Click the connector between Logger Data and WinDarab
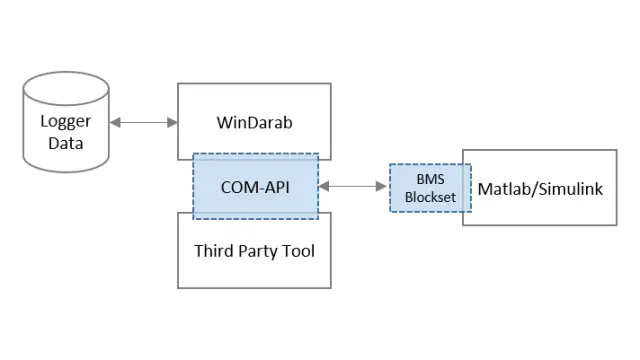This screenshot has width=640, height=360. pos(143,124)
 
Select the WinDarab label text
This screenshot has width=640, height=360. pos(253,124)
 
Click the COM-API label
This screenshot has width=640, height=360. pos(255,186)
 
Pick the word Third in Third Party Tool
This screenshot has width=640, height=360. pos(213,250)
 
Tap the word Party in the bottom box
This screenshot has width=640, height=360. pos(255,250)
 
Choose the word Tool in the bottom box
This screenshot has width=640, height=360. pos(297,250)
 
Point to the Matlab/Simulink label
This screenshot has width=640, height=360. pos(540,188)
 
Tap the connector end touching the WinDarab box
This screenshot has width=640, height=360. pos(169,124)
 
